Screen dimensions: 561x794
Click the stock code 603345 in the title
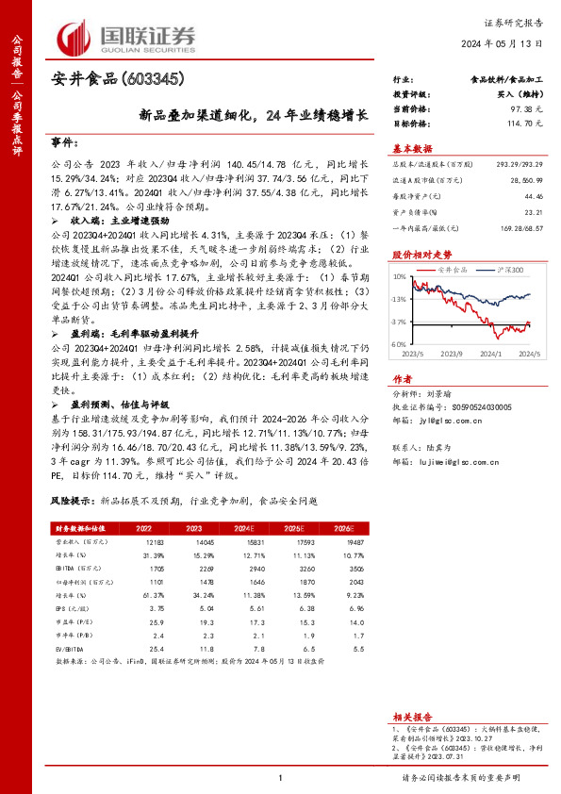pos(151,79)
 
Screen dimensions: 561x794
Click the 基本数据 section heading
pos(412,148)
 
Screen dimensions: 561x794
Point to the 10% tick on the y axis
pos(400,278)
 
